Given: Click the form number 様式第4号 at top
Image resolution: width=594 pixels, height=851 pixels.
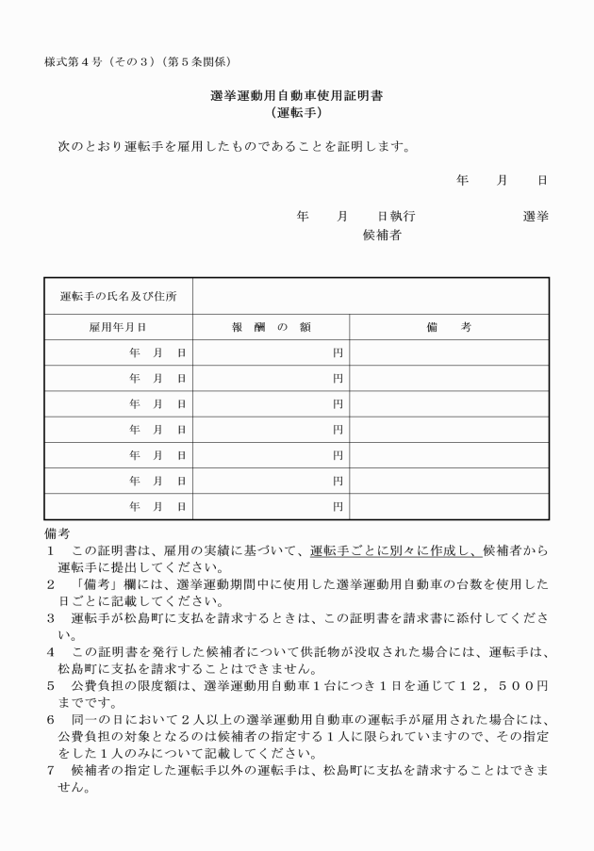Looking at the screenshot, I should point(76,62).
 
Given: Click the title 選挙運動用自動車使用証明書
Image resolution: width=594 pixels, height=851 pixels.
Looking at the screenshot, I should point(296,95).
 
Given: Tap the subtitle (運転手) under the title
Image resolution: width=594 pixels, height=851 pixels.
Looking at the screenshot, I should point(296,113).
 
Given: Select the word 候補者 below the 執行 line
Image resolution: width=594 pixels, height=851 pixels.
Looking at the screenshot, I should point(382,235).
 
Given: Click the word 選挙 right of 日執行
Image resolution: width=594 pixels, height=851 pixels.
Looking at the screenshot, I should point(536,216).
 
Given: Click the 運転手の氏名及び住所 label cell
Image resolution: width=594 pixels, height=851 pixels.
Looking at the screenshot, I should point(119,296).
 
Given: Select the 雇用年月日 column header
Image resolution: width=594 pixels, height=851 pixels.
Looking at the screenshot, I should point(119,327).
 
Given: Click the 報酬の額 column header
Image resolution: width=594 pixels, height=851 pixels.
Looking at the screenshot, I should point(272,327).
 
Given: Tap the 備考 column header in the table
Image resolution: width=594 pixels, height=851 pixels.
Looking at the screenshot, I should point(449,327).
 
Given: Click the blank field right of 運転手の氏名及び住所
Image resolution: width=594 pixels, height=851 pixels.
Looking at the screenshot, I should point(371,296).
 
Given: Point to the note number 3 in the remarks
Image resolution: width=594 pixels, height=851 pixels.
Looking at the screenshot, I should point(50,618).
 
